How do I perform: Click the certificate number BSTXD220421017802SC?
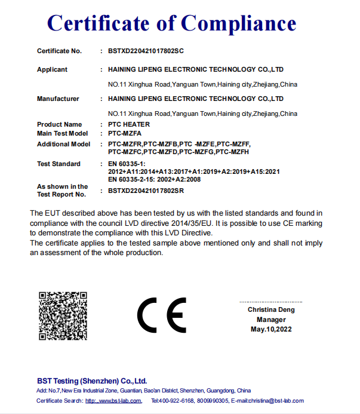pyautogui.click(x=150, y=51)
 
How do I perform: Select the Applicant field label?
pyautogui.click(x=52, y=69)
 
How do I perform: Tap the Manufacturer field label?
pyautogui.click(x=58, y=99)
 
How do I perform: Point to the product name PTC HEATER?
pyautogui.click(x=129, y=124)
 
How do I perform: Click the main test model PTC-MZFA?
pyautogui.click(x=125, y=133)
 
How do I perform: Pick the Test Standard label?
pyautogui.click(x=59, y=164)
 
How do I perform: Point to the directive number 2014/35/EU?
pyautogui.click(x=190, y=223)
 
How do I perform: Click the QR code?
pyautogui.click(x=63, y=316)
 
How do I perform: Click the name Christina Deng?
pyautogui.click(x=271, y=309)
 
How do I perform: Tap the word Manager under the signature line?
pyautogui.click(x=271, y=320)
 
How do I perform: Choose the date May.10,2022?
pyautogui.click(x=271, y=330)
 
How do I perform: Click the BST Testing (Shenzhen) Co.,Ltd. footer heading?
pyautogui.click(x=91, y=381)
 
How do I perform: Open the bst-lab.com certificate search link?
pyautogui.click(x=113, y=400)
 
